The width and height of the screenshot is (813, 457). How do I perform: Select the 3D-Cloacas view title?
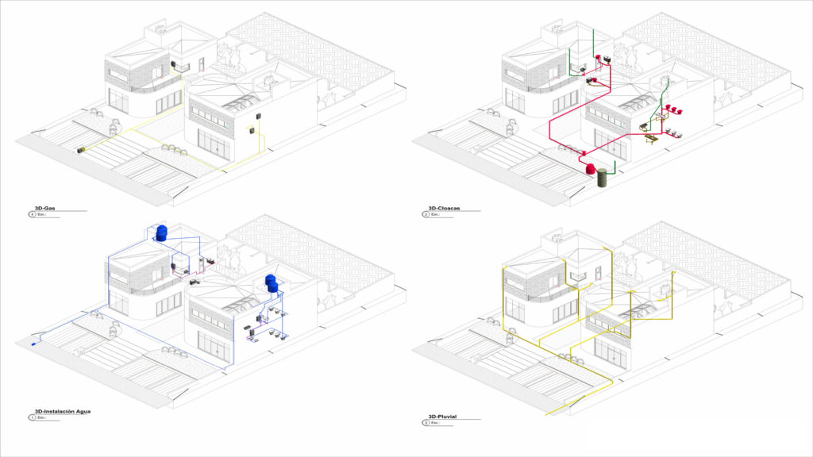444,209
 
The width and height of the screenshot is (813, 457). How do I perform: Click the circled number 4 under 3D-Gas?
32,214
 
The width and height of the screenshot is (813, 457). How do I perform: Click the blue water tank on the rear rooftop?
163,232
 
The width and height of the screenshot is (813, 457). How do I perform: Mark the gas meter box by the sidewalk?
81,148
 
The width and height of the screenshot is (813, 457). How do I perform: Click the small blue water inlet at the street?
33,344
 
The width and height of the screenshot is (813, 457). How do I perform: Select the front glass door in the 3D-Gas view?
215,146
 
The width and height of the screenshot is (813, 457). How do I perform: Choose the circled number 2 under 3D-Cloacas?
426,214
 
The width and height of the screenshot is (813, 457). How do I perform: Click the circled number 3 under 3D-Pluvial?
426,423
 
